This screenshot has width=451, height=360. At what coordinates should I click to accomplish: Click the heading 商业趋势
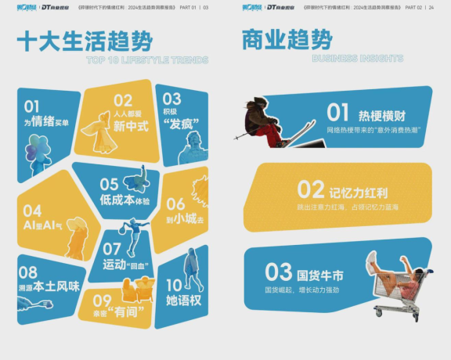287,39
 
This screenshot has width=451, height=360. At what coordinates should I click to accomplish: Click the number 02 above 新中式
123,100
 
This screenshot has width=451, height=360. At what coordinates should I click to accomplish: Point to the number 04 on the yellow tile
32,211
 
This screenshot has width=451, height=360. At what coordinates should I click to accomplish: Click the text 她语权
183,301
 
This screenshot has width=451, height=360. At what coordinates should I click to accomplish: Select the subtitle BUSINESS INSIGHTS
357,59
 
